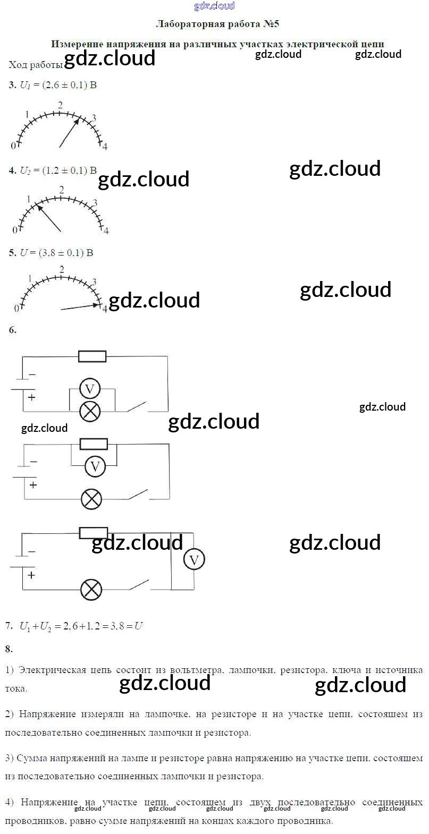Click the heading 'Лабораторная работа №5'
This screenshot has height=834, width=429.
click(x=217, y=24)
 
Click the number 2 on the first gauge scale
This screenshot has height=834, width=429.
click(x=61, y=105)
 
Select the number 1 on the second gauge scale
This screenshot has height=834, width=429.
click(x=29, y=199)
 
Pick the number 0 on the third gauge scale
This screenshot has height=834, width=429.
click(x=16, y=308)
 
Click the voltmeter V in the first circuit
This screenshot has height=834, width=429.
click(x=89, y=389)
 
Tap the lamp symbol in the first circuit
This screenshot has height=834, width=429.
click(x=90, y=411)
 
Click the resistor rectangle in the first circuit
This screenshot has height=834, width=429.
click(x=92, y=356)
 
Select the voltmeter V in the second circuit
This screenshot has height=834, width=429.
click(x=95, y=466)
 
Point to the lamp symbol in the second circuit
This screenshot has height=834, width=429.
click(x=91, y=499)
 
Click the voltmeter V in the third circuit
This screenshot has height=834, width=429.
click(x=194, y=559)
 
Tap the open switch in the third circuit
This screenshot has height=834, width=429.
click(x=138, y=585)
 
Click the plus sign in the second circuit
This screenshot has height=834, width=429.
click(x=33, y=484)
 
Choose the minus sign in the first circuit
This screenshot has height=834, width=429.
click(x=32, y=375)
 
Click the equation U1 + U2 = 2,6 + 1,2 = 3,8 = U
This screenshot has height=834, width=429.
click(x=81, y=626)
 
